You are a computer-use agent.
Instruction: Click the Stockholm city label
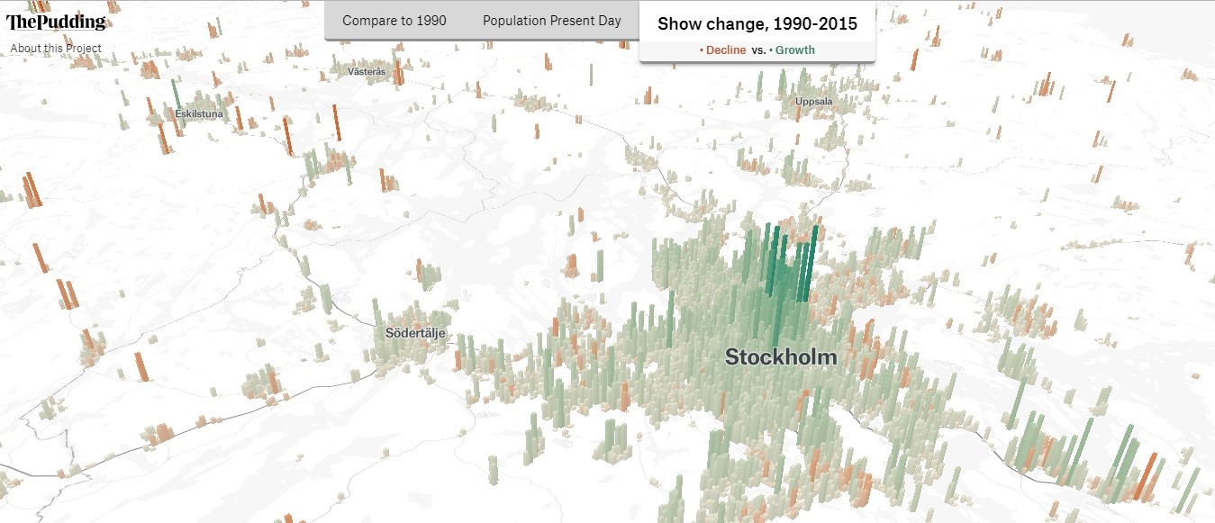point(781,357)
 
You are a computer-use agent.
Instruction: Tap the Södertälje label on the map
point(415,333)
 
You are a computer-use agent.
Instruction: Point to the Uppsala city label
point(813,102)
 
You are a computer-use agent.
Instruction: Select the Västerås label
point(367,71)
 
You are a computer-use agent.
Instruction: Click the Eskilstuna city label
point(199,113)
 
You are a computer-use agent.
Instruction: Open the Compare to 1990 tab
point(394,21)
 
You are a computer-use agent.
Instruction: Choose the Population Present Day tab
point(551,21)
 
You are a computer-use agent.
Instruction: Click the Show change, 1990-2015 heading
point(757,23)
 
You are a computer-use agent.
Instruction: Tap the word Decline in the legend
point(726,50)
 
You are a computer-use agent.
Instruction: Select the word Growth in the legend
point(794,50)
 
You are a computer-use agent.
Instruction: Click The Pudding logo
point(56,23)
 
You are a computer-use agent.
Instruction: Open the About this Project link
point(56,49)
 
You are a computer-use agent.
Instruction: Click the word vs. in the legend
point(759,50)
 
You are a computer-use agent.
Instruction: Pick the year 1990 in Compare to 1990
point(431,21)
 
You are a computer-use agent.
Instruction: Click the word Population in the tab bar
point(513,21)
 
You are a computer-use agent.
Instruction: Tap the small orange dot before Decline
point(702,50)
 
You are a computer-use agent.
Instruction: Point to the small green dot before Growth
point(771,50)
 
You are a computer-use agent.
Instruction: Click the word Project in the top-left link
point(84,49)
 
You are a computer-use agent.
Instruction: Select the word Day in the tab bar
point(611,21)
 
